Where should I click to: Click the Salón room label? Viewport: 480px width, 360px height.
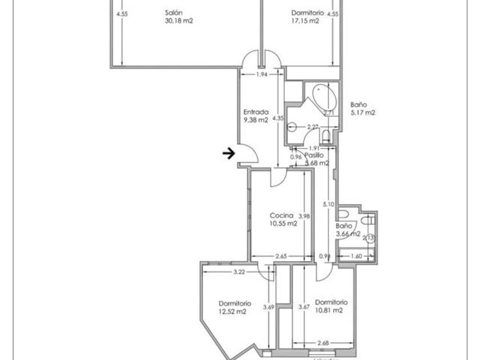click(x=174, y=13)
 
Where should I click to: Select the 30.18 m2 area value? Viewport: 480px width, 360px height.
click(x=178, y=21)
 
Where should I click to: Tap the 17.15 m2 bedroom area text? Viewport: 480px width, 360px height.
click(x=305, y=21)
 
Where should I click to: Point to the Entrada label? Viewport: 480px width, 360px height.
click(x=255, y=112)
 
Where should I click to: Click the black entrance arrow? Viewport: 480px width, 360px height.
click(x=229, y=153)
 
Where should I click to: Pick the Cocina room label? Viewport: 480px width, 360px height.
click(x=281, y=216)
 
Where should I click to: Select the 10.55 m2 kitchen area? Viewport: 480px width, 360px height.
click(x=283, y=224)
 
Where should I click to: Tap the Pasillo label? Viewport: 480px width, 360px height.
click(x=314, y=155)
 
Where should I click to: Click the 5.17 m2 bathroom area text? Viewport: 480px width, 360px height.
click(x=362, y=113)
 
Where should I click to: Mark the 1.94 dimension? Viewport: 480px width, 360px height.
click(x=262, y=75)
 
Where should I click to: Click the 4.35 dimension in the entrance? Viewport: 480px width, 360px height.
click(x=278, y=118)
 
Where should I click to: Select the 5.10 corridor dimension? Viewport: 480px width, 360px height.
click(x=327, y=204)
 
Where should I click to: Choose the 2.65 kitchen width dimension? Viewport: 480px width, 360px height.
click(x=280, y=257)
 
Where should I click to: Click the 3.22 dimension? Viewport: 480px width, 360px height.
click(x=239, y=273)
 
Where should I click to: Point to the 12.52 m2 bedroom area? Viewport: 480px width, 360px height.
click(x=233, y=311)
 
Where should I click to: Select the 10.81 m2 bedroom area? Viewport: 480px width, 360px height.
click(x=329, y=311)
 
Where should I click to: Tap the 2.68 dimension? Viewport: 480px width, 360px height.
click(x=323, y=343)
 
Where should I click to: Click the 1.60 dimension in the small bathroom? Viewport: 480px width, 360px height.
click(x=355, y=257)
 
